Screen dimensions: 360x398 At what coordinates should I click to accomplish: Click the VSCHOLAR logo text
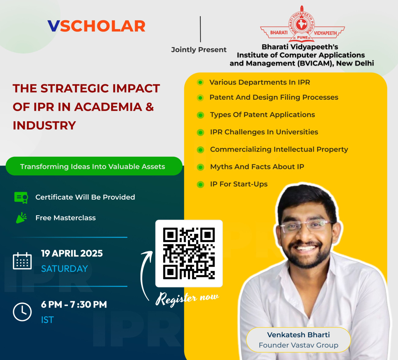pos(96,26)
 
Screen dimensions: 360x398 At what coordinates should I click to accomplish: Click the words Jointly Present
pos(199,50)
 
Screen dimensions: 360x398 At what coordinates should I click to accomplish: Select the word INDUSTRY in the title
pos(44,126)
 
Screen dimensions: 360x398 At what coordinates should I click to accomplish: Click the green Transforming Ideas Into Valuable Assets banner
pos(94,166)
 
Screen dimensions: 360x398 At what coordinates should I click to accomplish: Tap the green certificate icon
pos(21,197)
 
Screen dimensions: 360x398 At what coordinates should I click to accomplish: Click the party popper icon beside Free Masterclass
pos(21,218)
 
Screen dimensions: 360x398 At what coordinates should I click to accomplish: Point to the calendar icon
pos(22,261)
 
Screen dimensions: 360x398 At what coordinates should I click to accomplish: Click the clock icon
pos(22,312)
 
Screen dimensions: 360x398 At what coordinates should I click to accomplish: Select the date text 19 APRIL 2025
pos(72,253)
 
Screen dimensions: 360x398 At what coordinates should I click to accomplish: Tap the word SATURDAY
pos(65,269)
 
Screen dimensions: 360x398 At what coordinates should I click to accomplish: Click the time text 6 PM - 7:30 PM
pos(74,305)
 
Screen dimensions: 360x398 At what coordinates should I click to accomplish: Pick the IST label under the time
pos(47,320)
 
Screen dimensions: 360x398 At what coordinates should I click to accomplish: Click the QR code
pos(189,253)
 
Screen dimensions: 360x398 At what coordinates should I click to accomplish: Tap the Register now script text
pos(187,298)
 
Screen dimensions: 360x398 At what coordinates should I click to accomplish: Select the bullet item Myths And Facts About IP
pos(257,167)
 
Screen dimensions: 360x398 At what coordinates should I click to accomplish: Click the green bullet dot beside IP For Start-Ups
pos(201,185)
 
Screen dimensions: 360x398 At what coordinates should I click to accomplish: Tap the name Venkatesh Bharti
pos(298,335)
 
